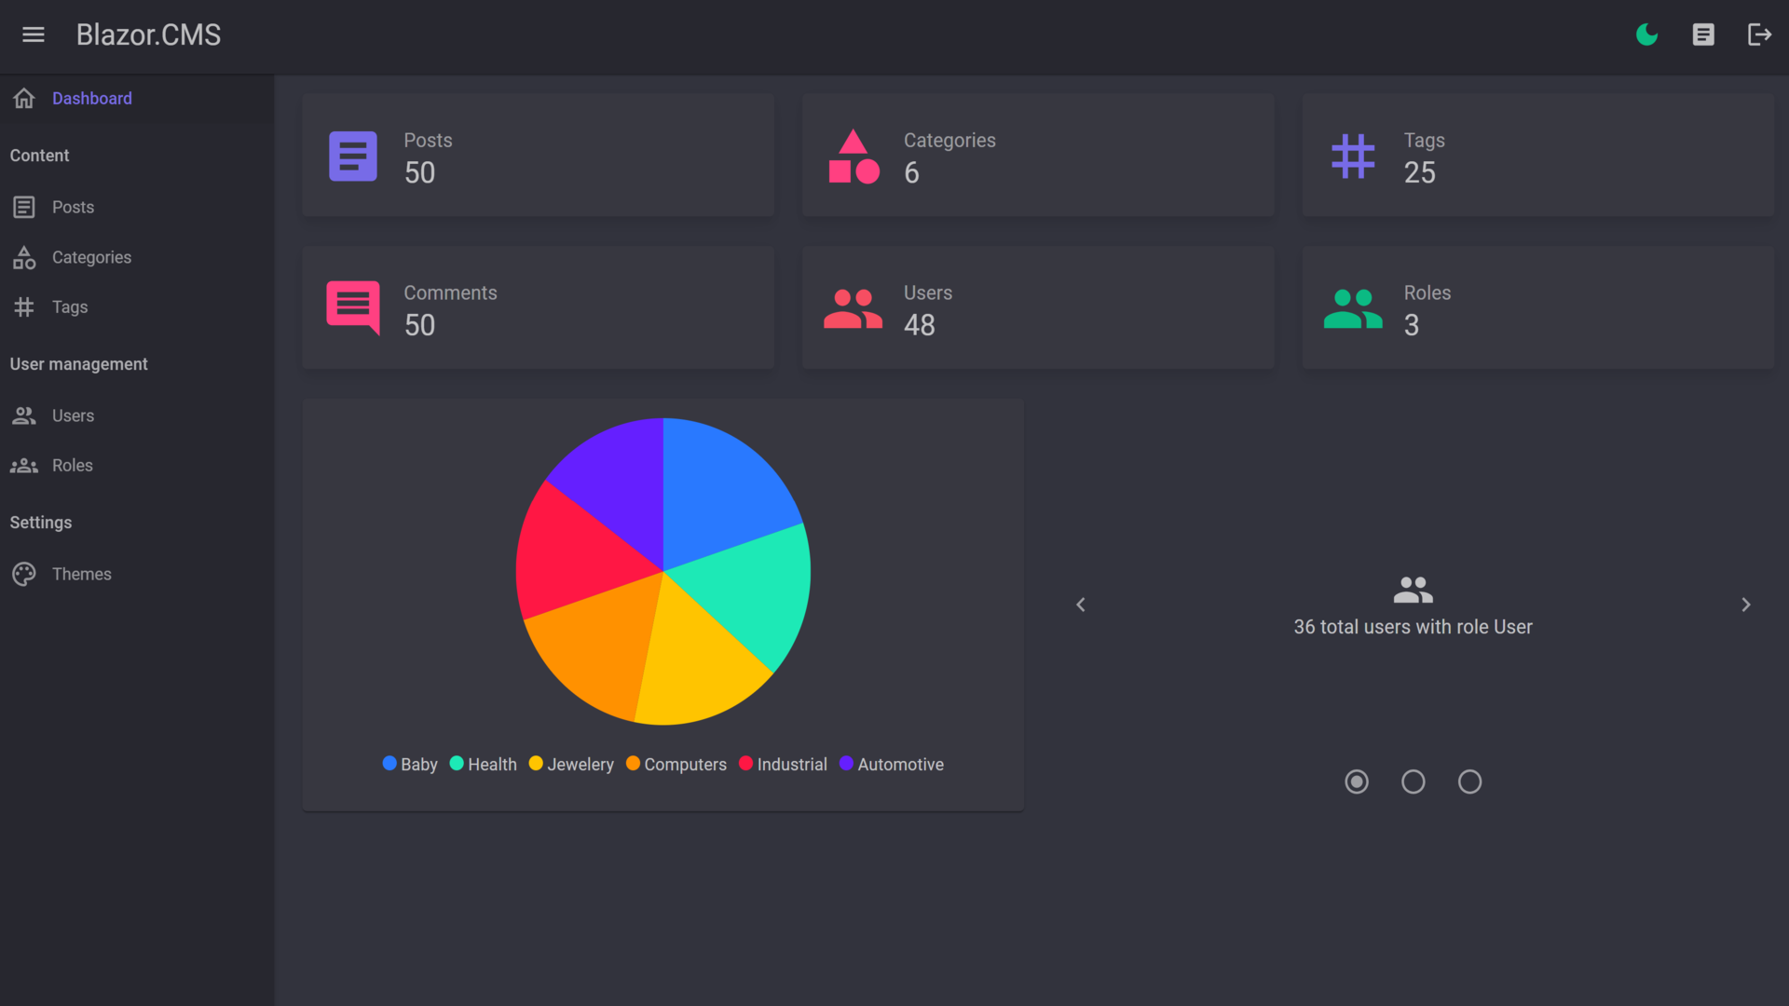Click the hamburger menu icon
point(34,34)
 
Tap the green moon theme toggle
point(1646,34)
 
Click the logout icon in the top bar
point(1758,34)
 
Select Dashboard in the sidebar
point(91,99)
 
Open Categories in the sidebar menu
point(91,257)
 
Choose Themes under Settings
point(81,574)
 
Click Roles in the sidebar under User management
point(72,465)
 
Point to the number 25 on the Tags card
point(1419,172)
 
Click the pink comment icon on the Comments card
point(353,306)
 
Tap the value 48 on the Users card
point(919,325)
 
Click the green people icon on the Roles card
point(1352,308)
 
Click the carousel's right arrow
point(1745,605)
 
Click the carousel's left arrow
point(1081,605)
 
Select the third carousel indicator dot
point(1469,782)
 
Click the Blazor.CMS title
point(148,34)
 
